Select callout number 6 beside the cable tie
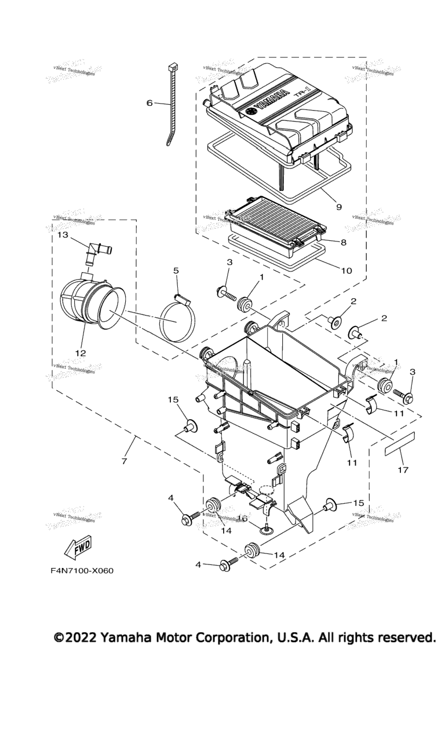point(149,103)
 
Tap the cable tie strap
point(168,110)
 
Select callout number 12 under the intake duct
point(80,353)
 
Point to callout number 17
point(402,470)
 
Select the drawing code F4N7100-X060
point(82,571)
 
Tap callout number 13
point(63,236)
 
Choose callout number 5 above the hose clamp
point(176,270)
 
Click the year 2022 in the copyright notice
point(81,637)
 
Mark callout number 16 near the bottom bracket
point(244,519)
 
